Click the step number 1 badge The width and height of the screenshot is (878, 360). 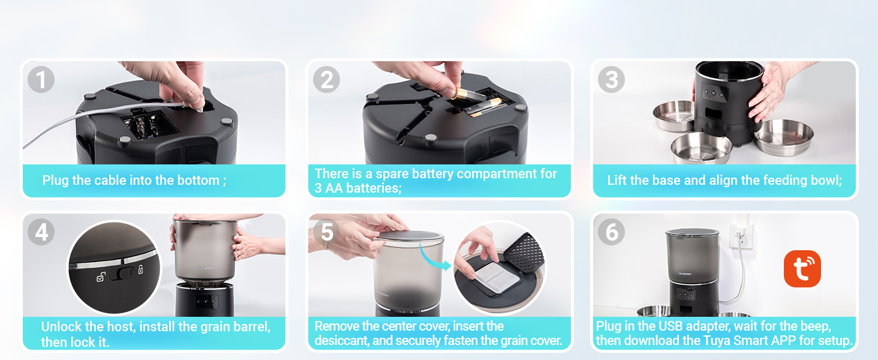point(41,80)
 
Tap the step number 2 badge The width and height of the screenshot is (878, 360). point(326,80)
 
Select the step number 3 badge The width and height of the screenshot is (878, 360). point(612,80)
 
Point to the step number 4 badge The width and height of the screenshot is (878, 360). point(41,232)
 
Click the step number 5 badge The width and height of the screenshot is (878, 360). point(326,232)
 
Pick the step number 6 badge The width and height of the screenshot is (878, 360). point(612,232)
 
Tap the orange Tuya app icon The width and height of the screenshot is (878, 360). point(802,269)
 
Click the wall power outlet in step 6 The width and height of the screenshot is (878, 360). point(741,236)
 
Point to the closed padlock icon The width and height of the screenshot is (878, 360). point(141,269)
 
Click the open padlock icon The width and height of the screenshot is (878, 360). point(101,277)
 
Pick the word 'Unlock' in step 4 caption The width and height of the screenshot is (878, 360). point(62,326)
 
